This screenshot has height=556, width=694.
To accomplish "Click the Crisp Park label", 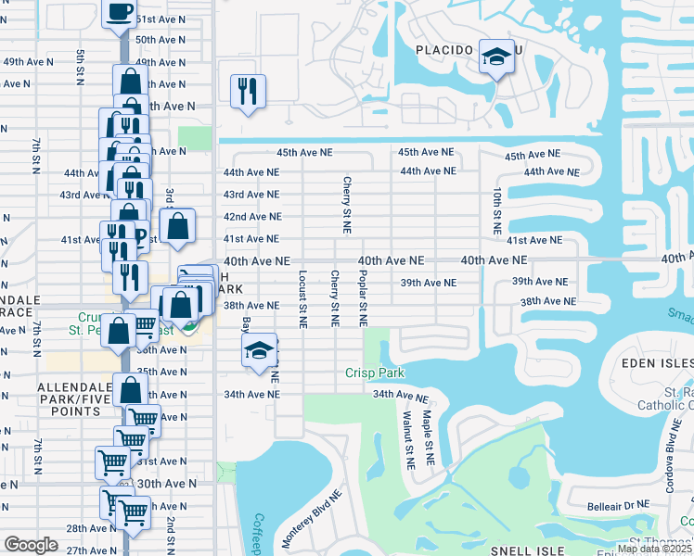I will (376, 373).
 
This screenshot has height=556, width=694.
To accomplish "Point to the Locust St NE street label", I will (302, 299).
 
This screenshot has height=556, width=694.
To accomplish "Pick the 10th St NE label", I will (498, 210).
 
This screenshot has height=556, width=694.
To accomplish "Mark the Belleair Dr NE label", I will (616, 505).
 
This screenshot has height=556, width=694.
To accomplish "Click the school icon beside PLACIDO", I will (496, 59).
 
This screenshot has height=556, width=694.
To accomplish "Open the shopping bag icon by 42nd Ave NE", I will (177, 225).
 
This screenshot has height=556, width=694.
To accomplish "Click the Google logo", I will (31, 545).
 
